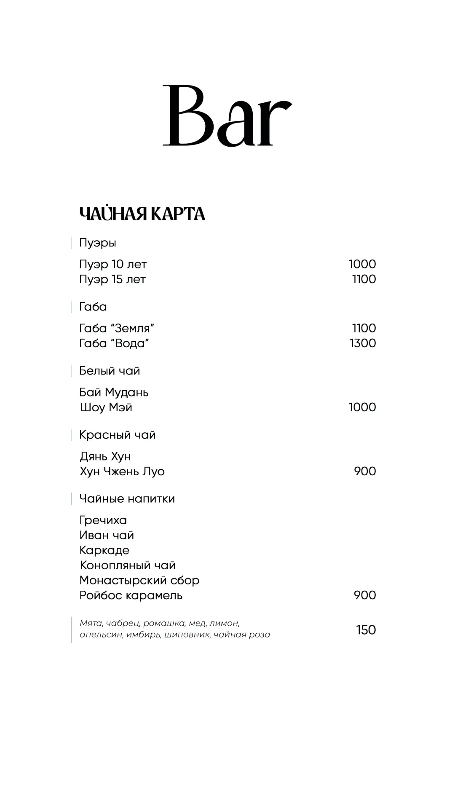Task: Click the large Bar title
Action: [227, 116]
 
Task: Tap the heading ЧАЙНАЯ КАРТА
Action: [142, 214]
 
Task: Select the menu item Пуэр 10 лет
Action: [113, 264]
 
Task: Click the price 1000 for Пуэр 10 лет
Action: [362, 264]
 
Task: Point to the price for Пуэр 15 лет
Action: [364, 279]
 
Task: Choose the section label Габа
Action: [93, 307]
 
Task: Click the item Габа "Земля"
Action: [117, 328]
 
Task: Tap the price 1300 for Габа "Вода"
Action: [363, 343]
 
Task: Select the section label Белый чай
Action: [110, 371]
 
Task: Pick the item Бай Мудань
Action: [114, 392]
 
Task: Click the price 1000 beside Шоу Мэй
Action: [362, 407]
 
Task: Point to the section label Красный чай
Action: [117, 435]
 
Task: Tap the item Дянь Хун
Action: [105, 456]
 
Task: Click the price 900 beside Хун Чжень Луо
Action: [365, 471]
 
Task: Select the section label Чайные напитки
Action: [127, 499]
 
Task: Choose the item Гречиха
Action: [103, 520]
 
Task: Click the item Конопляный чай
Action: [128, 565]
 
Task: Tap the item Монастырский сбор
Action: [139, 581]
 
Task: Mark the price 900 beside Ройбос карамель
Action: [365, 595]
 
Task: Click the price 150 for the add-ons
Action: [366, 630]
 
